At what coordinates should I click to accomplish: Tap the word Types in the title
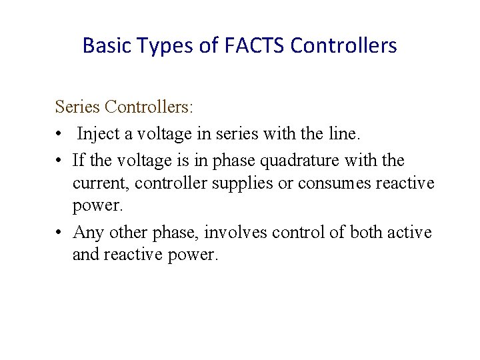(158, 45)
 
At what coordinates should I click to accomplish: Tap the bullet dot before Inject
(59, 135)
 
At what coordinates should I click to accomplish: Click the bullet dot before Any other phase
(59, 233)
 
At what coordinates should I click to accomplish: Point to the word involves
(233, 232)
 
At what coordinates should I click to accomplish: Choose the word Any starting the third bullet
(86, 232)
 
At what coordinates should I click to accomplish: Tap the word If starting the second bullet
(79, 161)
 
